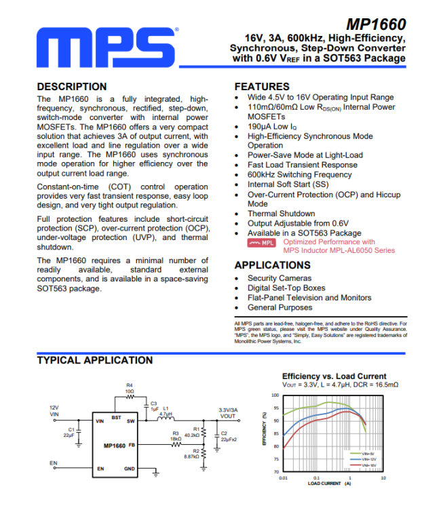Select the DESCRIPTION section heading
coord(71,87)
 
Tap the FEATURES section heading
coord(262,87)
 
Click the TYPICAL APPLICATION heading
coord(94,360)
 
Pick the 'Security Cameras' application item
coord(280,278)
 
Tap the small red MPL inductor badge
coord(261,242)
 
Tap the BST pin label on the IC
coord(116,418)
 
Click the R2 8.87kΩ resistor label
coord(191,454)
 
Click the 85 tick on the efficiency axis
coord(275,433)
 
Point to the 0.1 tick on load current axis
coord(316,477)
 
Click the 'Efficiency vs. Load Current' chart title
coord(334,376)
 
